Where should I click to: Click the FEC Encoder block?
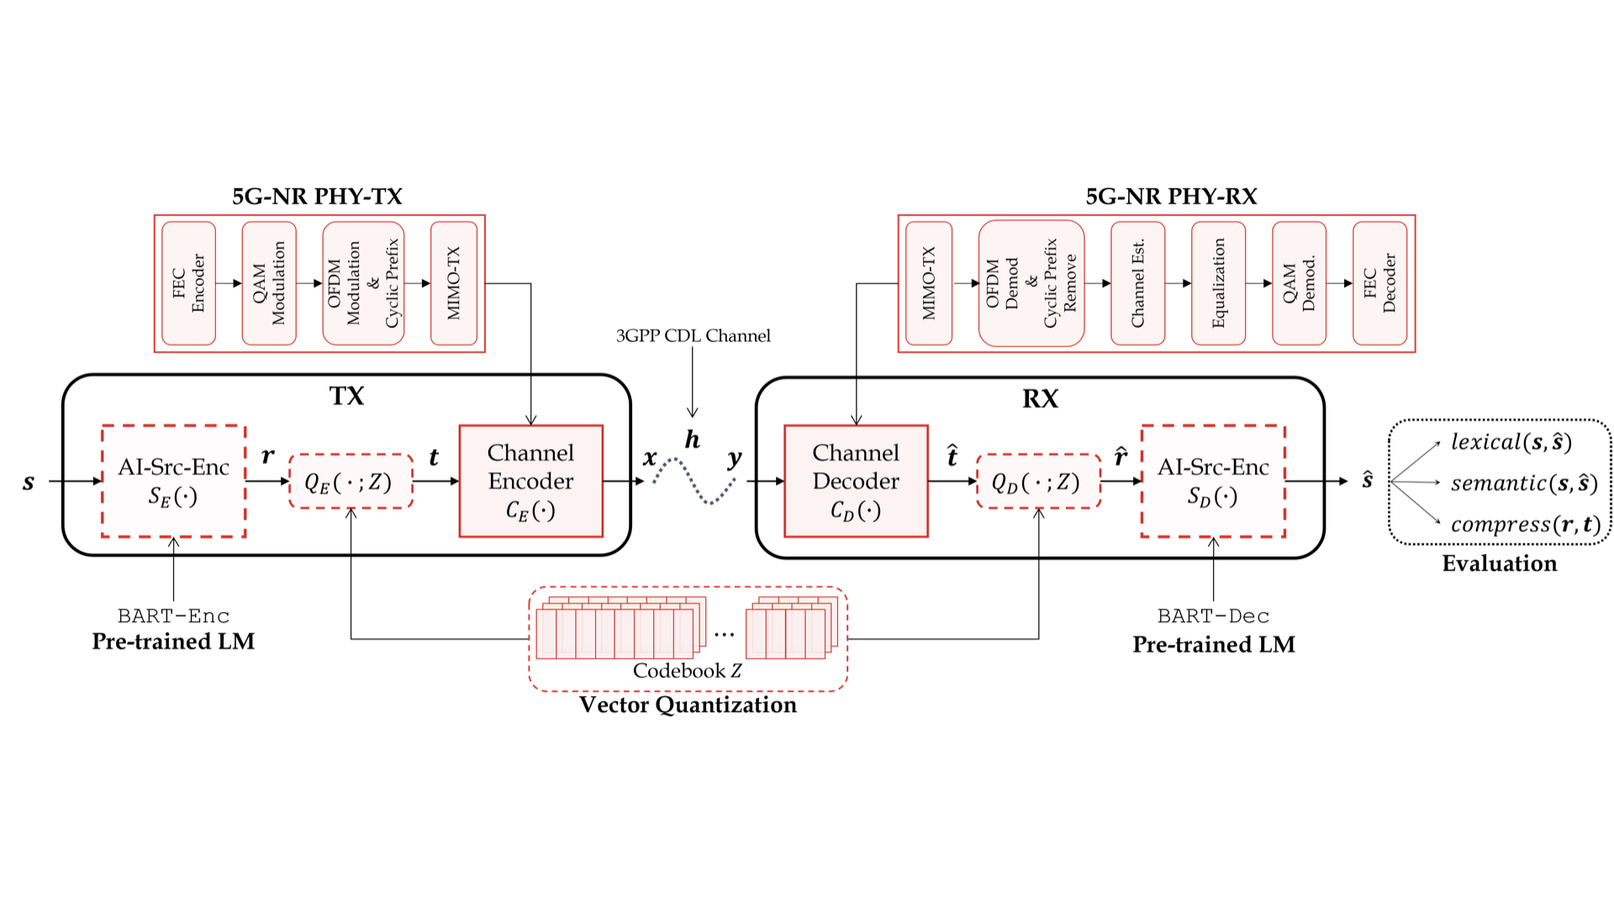point(188,283)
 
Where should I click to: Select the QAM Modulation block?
point(269,283)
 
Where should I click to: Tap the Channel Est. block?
point(1137,283)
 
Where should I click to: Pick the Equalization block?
point(1218,283)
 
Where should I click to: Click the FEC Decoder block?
point(1379,283)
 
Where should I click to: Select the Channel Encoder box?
point(530,481)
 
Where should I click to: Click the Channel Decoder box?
point(856,481)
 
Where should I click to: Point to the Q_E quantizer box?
point(351,482)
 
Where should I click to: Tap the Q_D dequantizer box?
point(1038,482)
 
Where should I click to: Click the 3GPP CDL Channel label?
point(693,335)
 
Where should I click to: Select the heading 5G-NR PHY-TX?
point(317,196)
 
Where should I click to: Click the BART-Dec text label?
point(1213,616)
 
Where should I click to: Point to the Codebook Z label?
point(687,670)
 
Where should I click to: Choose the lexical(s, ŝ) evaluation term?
point(1511,442)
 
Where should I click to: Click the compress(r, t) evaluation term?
point(1525,525)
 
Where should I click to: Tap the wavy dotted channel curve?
point(694,480)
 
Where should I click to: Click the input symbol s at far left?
point(29,482)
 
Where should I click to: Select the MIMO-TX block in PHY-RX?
point(928,283)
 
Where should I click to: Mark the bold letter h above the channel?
point(692,439)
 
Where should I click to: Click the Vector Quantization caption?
point(688,705)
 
